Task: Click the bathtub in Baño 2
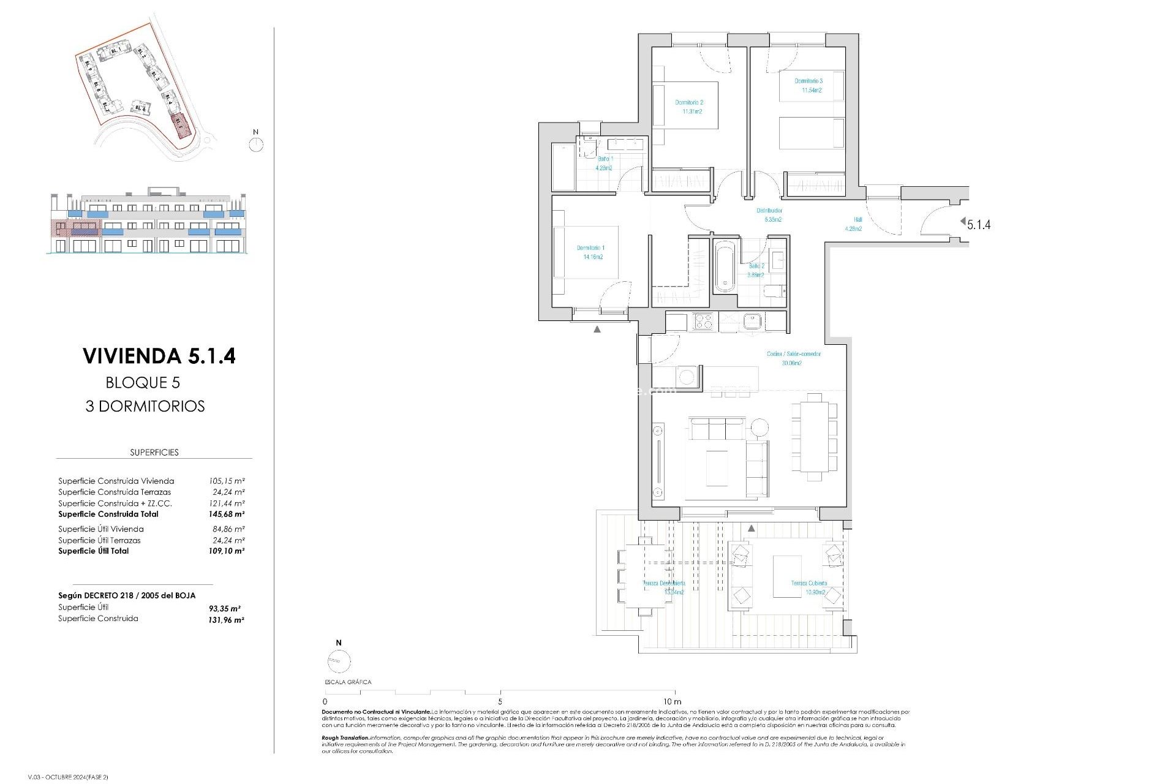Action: [x=725, y=267]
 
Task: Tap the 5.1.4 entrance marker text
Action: [x=978, y=225]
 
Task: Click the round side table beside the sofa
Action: [x=759, y=427]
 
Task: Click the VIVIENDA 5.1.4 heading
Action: [x=159, y=356]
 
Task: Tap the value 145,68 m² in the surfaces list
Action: [x=226, y=514]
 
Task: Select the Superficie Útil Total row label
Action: [x=93, y=551]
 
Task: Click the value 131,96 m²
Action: [x=226, y=620]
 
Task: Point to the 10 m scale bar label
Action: [x=672, y=701]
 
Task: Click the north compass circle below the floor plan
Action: [x=339, y=661]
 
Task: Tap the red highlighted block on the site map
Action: [x=180, y=123]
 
